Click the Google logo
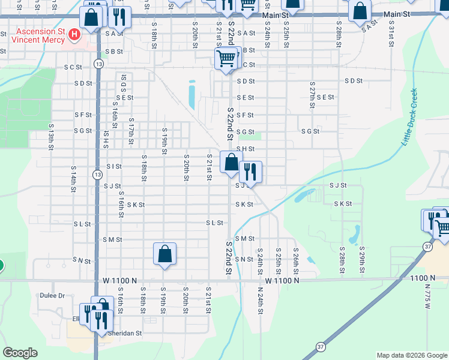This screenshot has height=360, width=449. [x=20, y=353]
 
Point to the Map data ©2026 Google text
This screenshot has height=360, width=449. [x=411, y=355]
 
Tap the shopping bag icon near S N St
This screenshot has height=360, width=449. [x=164, y=253]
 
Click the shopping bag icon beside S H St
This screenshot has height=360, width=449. [x=231, y=161]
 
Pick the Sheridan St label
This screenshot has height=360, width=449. [x=125, y=333]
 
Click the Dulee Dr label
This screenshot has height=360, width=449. [x=53, y=296]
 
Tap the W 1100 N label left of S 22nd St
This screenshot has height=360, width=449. [x=120, y=280]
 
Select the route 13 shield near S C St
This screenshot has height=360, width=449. [x=98, y=64]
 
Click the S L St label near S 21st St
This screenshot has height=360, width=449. [x=214, y=223]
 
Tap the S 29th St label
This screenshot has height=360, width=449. [x=362, y=259]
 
